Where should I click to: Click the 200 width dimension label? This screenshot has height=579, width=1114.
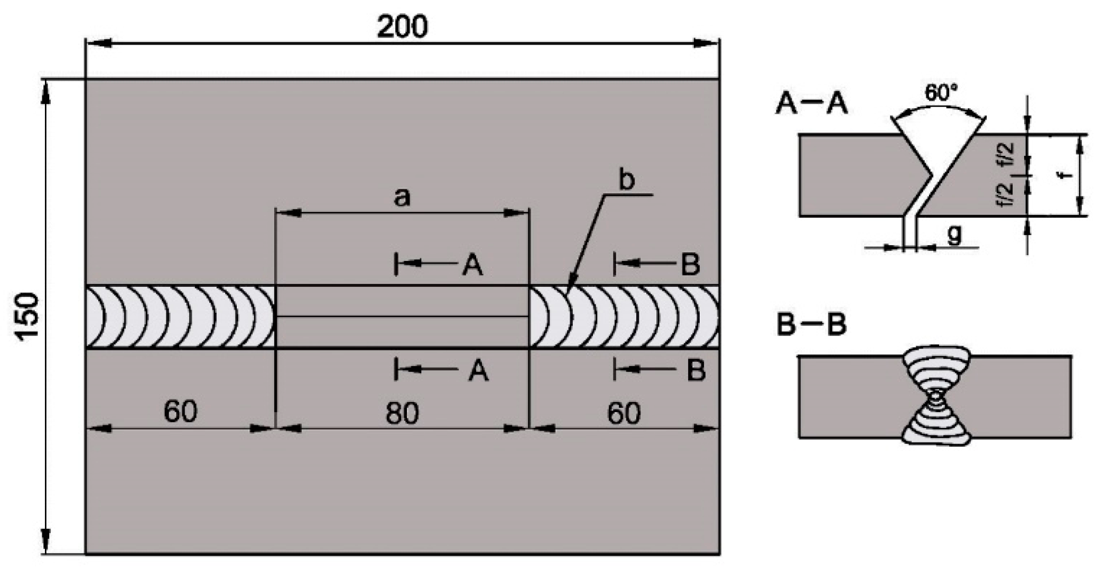coord(402,26)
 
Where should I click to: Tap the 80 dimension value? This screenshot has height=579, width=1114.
coord(402,413)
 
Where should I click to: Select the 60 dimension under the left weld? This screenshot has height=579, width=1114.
coord(180,411)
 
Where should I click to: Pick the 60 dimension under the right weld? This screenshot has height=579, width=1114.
coord(624,413)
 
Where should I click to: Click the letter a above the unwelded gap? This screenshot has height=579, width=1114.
coord(402,198)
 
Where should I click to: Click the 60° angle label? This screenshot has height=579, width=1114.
coord(941,93)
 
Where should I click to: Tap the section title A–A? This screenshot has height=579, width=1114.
coord(811,104)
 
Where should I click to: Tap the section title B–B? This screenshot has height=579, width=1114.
coord(811,324)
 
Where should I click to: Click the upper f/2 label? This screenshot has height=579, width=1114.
coord(1007,154)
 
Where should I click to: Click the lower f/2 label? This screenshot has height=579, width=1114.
coord(1007,194)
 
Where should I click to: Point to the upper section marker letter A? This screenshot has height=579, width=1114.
coord(472,265)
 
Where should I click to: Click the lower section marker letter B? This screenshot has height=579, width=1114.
coord(695,370)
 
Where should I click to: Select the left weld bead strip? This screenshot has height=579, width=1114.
coord(180,317)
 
